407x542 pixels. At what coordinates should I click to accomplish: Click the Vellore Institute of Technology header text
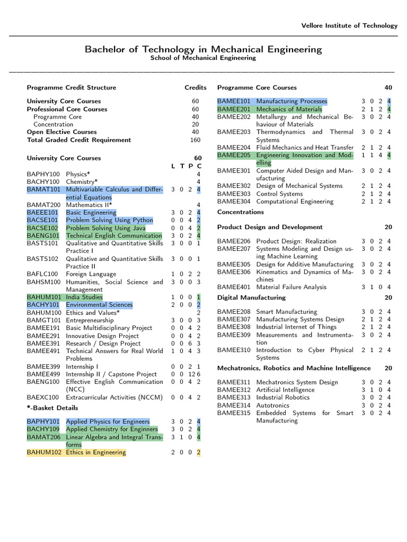pos(349,25)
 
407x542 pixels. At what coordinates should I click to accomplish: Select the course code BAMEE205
pos(234,155)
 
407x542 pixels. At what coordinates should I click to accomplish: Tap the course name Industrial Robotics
pos(282,398)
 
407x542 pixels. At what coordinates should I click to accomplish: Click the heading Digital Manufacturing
pos(251,297)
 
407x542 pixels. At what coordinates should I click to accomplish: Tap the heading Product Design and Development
pos(270,227)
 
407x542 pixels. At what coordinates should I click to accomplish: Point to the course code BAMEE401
pos(234,287)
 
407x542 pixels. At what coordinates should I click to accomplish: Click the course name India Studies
pos(84,297)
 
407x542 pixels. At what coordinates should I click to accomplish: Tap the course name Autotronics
pos(273,405)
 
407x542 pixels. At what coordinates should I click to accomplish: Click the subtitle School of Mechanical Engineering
pos(203,58)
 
